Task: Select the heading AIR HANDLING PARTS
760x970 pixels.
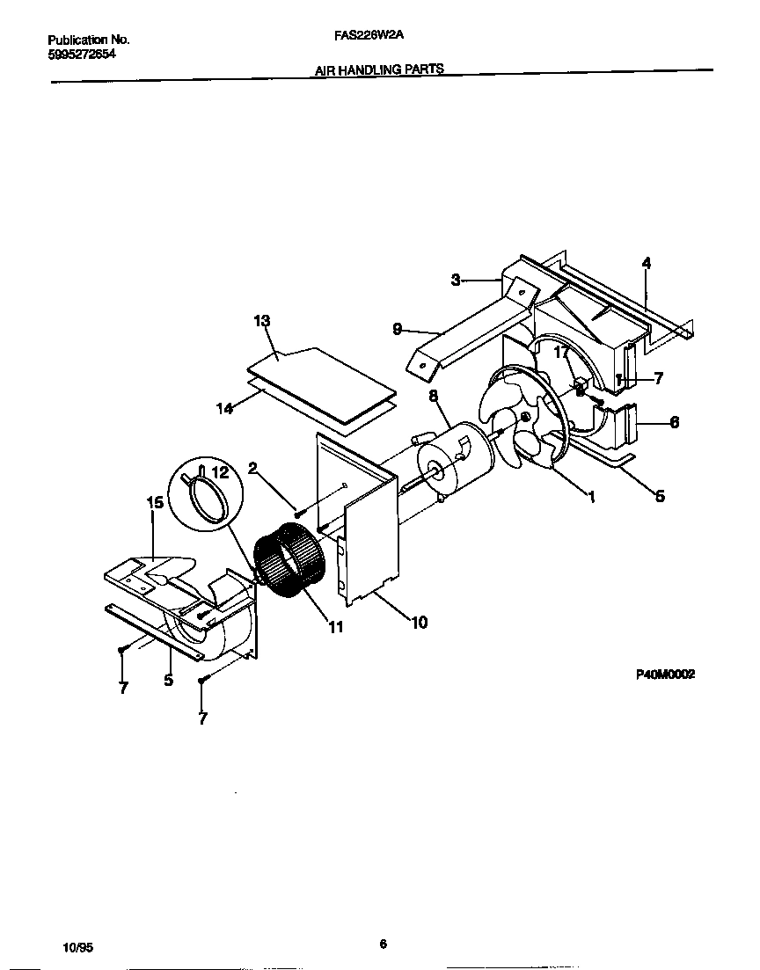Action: pyautogui.click(x=379, y=69)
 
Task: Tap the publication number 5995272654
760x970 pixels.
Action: pyautogui.click(x=81, y=54)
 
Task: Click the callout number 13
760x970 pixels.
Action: pyautogui.click(x=262, y=321)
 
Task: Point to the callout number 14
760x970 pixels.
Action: pyautogui.click(x=225, y=407)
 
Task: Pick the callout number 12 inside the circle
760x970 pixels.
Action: pyautogui.click(x=220, y=473)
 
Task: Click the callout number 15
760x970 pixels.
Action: pyautogui.click(x=154, y=502)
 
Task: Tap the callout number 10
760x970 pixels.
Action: pyautogui.click(x=419, y=622)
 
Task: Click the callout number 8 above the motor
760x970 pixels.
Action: pyautogui.click(x=434, y=397)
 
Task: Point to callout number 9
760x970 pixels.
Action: pyautogui.click(x=398, y=329)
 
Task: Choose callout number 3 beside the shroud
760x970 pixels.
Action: pyautogui.click(x=456, y=280)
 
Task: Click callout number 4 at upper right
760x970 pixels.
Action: pyautogui.click(x=647, y=262)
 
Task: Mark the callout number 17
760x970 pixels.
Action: pyautogui.click(x=560, y=352)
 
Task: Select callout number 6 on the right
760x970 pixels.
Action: pyautogui.click(x=674, y=422)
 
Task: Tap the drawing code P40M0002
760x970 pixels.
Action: pyautogui.click(x=665, y=674)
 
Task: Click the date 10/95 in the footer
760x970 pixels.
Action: pyautogui.click(x=77, y=947)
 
